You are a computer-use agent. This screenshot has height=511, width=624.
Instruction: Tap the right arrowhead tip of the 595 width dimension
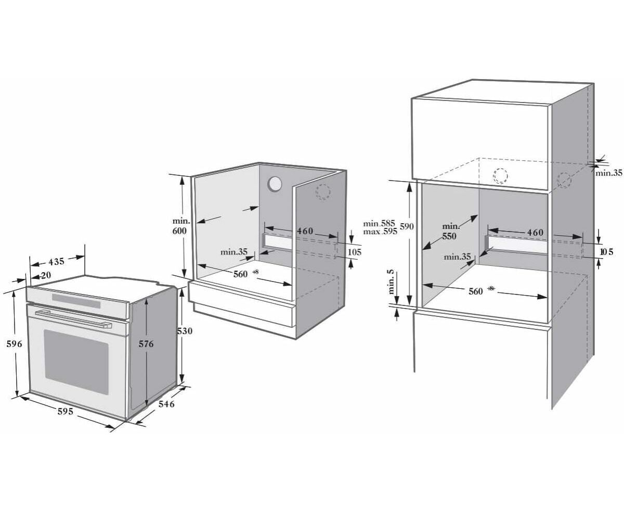(x=114, y=427)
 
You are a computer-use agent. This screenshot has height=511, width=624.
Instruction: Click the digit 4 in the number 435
(x=51, y=262)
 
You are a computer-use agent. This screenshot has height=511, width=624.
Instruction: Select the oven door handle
(x=73, y=319)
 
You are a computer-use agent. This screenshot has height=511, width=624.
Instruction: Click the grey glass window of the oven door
(x=76, y=362)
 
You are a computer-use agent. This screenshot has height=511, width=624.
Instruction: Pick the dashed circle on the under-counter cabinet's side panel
(x=323, y=192)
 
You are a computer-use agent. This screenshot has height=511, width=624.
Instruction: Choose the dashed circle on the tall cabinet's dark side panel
(x=564, y=180)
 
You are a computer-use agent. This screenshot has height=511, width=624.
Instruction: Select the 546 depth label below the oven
(x=166, y=403)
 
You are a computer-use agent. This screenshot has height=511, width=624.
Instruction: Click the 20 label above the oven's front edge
(x=46, y=275)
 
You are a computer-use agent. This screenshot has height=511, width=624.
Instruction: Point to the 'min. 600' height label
(x=180, y=226)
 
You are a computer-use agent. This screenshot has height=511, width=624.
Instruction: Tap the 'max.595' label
(x=380, y=232)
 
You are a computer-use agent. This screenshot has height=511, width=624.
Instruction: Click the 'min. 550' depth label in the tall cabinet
(x=451, y=232)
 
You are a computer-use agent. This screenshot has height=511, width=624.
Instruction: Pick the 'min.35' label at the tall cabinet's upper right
(x=609, y=173)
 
